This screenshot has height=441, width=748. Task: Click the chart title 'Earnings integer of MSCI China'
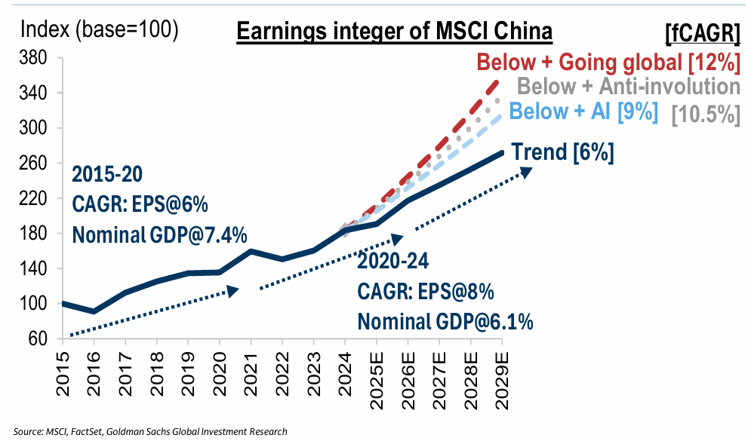click(395, 32)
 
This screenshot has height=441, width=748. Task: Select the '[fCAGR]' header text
click(701, 34)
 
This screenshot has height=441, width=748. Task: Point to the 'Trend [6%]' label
click(562, 152)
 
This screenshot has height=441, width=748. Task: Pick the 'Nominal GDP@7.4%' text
click(159, 234)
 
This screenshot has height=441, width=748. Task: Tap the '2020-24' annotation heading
click(393, 262)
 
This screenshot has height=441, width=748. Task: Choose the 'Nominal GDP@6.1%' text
click(445, 322)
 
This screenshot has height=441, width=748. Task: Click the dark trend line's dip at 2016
click(94, 311)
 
